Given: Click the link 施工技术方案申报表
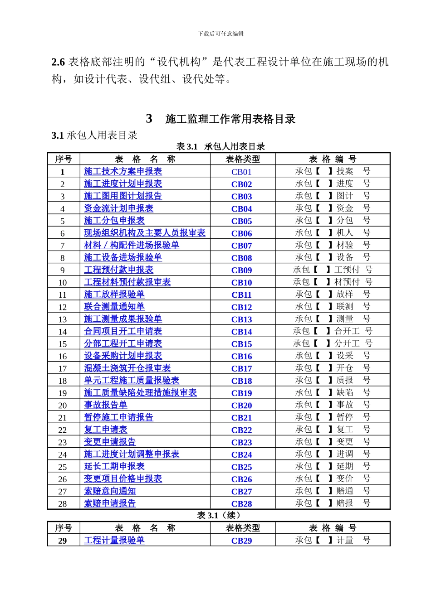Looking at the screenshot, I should click(123, 171).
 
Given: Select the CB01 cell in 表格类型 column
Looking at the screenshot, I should click(241, 172).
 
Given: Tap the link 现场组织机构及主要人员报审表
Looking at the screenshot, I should click(145, 233).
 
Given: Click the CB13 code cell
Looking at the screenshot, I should click(241, 319).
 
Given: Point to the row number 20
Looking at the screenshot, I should click(63, 405).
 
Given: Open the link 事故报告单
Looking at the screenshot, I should click(106, 405).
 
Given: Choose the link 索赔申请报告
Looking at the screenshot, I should click(110, 503).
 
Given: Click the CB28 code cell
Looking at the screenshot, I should click(241, 503).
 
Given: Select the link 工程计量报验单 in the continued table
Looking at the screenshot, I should click(114, 540).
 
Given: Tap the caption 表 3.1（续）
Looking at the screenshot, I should click(219, 515).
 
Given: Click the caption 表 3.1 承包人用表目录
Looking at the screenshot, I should click(220, 146).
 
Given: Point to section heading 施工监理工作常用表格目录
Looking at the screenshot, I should click(230, 119).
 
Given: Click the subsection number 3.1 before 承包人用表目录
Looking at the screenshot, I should click(57, 135).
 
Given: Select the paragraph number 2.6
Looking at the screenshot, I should click(58, 62).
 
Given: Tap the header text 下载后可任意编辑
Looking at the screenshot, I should click(220, 34).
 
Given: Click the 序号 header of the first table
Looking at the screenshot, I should click(64, 159).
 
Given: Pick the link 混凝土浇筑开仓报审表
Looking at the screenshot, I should click(127, 368).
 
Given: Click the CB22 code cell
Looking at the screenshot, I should click(241, 430).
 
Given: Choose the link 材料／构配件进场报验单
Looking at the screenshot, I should click(132, 245).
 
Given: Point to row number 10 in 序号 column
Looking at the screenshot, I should click(63, 282).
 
